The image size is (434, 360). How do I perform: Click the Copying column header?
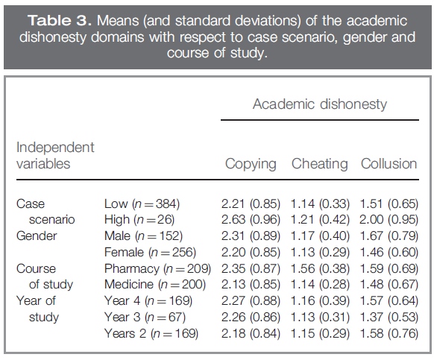click(x=251, y=164)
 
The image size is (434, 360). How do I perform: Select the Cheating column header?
click(x=319, y=163)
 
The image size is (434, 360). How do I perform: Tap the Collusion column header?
click(x=389, y=163)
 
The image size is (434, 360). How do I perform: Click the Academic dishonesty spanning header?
click(x=320, y=104)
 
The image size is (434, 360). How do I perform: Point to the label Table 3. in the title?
click(x=60, y=20)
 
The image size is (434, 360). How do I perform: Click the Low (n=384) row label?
click(x=142, y=204)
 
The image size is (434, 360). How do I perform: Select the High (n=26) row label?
click(x=139, y=220)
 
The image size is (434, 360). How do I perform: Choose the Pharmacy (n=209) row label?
click(x=157, y=268)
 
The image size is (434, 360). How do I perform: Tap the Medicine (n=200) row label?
click(x=155, y=285)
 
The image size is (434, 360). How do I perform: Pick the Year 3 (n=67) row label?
click(x=145, y=317)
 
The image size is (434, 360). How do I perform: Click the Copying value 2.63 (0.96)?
click(x=251, y=220)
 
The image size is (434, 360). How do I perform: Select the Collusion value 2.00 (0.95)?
click(x=389, y=220)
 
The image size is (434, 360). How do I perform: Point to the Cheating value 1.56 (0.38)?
click(x=320, y=268)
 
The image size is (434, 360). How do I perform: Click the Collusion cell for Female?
click(x=389, y=253)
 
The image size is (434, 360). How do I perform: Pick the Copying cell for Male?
click(x=251, y=236)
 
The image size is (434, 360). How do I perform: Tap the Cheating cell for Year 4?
click(x=320, y=301)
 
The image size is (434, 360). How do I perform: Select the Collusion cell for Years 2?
click(x=389, y=333)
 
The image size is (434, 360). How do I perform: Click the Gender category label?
click(x=37, y=236)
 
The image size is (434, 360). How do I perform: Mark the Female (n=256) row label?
click(x=150, y=253)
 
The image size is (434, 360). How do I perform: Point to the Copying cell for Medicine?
click(x=251, y=285)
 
